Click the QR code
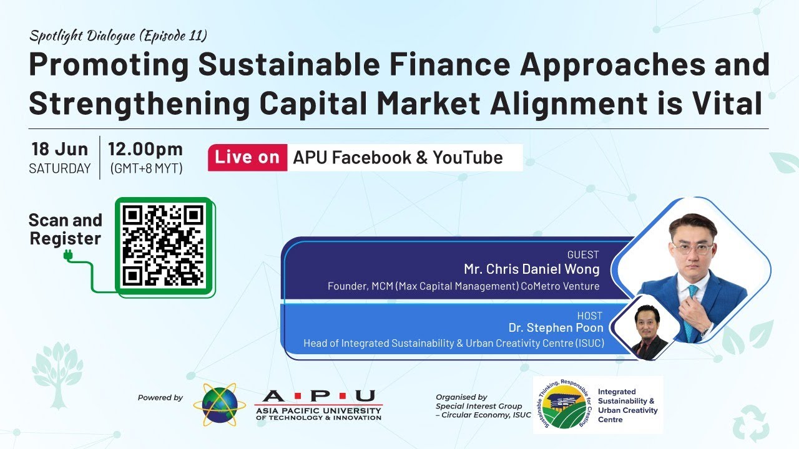(163, 245)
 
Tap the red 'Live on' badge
(248, 158)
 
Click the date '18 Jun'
(60, 149)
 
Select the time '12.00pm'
(145, 149)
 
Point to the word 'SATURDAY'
(60, 168)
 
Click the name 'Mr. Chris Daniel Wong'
(531, 269)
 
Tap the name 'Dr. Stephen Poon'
(556, 327)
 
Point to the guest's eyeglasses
(693, 248)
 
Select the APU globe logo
(219, 405)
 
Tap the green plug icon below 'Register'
(68, 256)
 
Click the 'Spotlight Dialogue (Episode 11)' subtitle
(118, 36)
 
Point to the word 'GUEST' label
(583, 254)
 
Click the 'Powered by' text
(160, 398)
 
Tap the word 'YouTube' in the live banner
(468, 158)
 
